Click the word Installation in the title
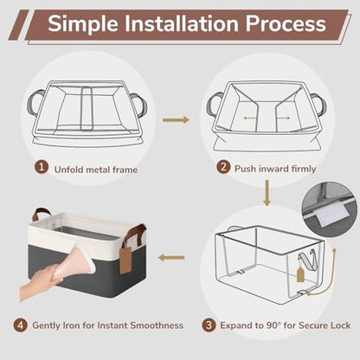tap(181, 23)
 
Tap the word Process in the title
tap(286, 24)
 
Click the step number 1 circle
tap(42, 167)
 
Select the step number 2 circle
tap(223, 167)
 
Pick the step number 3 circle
tap(209, 325)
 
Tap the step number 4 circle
tap(20, 325)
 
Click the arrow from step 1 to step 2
tap(176, 119)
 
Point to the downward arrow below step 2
tap(267, 193)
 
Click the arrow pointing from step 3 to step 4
tap(171, 258)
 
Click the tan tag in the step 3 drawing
tap(300, 274)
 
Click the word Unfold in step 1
tap(69, 170)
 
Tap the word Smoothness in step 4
tap(157, 325)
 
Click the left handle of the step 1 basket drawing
tap(35, 102)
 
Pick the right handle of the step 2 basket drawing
tap(318, 105)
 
